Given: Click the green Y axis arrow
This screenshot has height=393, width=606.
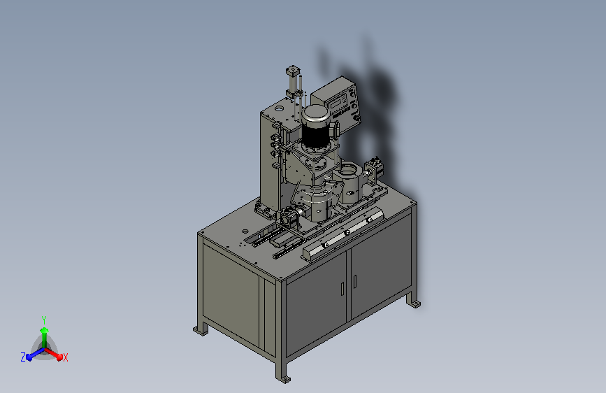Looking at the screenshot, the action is (45, 337).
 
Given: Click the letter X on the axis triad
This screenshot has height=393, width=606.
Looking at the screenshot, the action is (65, 358).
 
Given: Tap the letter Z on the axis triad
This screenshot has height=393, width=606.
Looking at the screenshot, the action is (23, 357).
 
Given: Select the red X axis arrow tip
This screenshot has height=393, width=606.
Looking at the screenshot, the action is (59, 357).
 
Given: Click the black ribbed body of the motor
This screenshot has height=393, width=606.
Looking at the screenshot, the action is (315, 134).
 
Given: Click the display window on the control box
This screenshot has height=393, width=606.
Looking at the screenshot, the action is (334, 103).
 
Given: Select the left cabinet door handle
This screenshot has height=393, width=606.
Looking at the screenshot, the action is (342, 289).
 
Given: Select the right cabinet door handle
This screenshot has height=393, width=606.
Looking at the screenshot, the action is (355, 282).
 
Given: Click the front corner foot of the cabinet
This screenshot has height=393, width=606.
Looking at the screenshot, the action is (284, 378).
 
